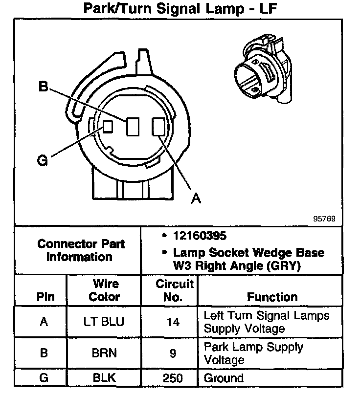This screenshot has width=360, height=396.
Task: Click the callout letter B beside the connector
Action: [x=44, y=87]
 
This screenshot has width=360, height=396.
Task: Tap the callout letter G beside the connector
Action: [x=43, y=160]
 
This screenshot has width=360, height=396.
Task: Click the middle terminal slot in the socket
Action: [x=133, y=127]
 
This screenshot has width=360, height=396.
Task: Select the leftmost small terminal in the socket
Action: [x=108, y=126]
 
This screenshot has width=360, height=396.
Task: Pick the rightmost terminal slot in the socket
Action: [x=157, y=127]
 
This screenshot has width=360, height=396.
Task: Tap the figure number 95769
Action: [x=324, y=219]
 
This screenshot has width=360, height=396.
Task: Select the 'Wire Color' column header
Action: [x=105, y=290]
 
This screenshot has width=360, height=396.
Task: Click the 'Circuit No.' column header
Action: [x=174, y=290]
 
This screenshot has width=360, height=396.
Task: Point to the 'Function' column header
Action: [x=272, y=297]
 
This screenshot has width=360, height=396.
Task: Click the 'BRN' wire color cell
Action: [x=105, y=353]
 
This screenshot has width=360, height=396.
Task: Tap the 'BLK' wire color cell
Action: [x=105, y=378]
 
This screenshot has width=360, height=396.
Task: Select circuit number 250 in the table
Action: [x=173, y=378]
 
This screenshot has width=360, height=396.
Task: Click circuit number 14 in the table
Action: [x=173, y=322]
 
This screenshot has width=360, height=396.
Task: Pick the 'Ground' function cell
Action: [x=224, y=378]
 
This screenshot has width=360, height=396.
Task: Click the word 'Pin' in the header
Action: [x=45, y=297]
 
